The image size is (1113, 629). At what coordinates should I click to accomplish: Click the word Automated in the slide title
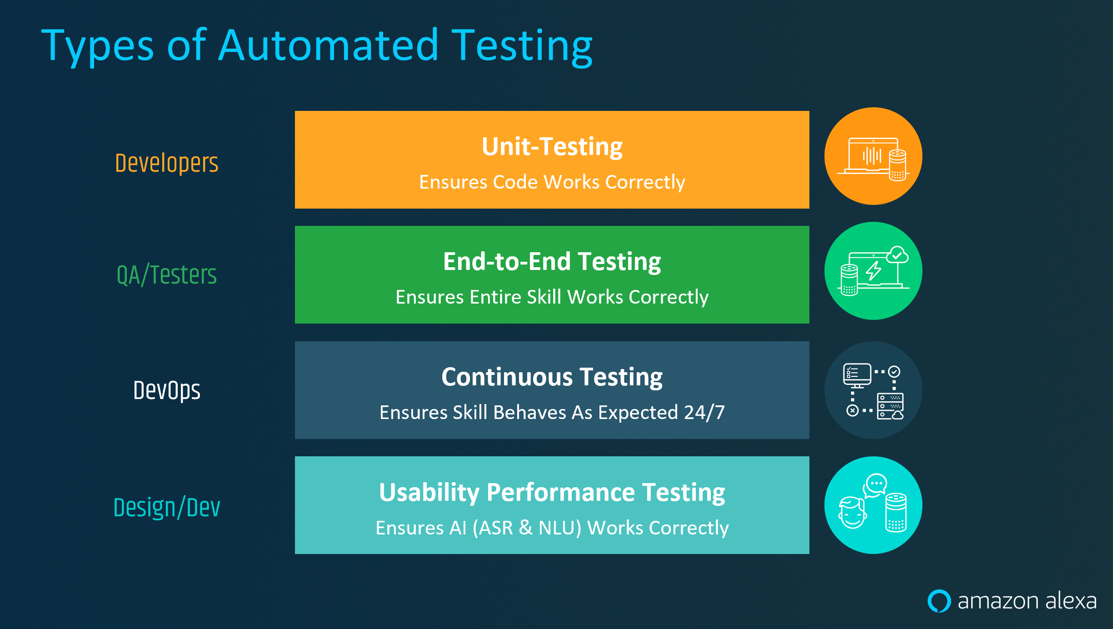coord(328,45)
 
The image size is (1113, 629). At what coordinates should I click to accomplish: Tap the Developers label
coord(167,163)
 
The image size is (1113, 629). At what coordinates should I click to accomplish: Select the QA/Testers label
coord(167,275)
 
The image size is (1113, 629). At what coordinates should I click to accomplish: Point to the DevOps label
coord(167,390)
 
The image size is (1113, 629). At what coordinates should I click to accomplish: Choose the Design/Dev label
coord(167,507)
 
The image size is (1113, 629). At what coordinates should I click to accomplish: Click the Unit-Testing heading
coord(552,147)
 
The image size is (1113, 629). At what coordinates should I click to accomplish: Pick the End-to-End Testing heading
coord(552,262)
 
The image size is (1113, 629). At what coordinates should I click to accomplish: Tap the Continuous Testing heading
coord(552,377)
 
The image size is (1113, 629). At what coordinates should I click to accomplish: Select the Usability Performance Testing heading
coord(552,493)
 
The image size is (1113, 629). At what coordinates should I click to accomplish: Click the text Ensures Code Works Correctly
coord(552,182)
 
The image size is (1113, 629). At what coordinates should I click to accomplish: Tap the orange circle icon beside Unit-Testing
coord(873,156)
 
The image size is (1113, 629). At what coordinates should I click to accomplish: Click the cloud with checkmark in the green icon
coord(897,255)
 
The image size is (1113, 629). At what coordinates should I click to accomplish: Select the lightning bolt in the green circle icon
coord(873,271)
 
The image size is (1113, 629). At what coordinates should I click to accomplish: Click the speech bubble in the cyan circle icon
coord(875,485)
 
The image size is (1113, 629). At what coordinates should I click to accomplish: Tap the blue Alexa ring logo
coord(939,601)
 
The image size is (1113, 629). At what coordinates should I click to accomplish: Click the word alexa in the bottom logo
coord(1071,601)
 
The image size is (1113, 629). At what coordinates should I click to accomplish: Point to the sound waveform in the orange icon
coord(872,156)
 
